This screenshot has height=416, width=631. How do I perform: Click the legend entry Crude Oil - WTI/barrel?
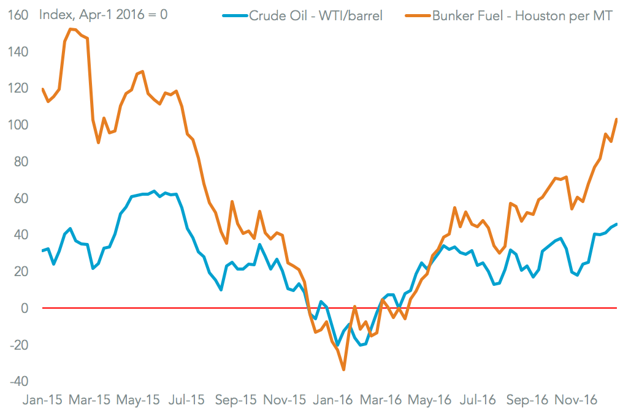pyautogui.click(x=316, y=16)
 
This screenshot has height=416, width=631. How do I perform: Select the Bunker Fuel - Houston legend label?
pyautogui.click(x=522, y=16)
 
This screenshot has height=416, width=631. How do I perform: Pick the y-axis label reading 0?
pyautogui.click(x=25, y=308)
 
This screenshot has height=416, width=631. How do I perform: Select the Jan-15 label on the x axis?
pyautogui.click(x=42, y=400)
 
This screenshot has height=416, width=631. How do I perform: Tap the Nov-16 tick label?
pyautogui.click(x=575, y=400)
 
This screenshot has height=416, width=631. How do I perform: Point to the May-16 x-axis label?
pyautogui.click(x=430, y=400)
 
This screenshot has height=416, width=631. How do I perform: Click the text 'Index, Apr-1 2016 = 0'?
pyautogui.click(x=103, y=14)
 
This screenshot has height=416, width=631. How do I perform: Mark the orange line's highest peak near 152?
pyautogui.click(x=71, y=29)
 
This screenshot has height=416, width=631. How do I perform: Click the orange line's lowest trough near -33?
pyautogui.click(x=343, y=369)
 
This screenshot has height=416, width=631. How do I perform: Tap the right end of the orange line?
pyautogui.click(x=616, y=119)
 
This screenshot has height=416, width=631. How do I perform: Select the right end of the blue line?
pyautogui.click(x=616, y=224)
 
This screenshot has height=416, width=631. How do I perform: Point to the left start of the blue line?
pyautogui.click(x=42, y=251)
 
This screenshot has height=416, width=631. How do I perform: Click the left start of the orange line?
pyautogui.click(x=42, y=89)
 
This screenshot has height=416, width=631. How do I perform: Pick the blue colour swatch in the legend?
pyautogui.click(x=235, y=16)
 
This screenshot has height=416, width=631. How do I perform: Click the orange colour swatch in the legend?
pyautogui.click(x=417, y=16)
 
